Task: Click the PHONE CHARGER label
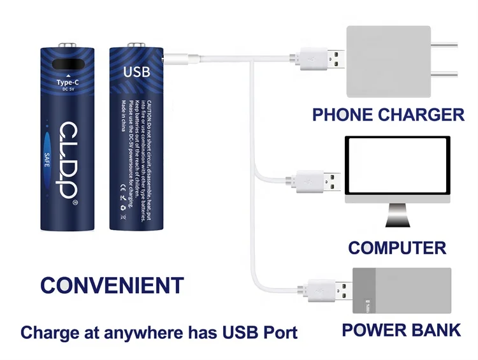pos(387,115)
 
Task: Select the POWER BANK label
pos(401,330)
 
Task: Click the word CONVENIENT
pos(112,285)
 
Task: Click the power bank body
pos(402,291)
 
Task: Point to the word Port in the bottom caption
pos(279,333)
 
